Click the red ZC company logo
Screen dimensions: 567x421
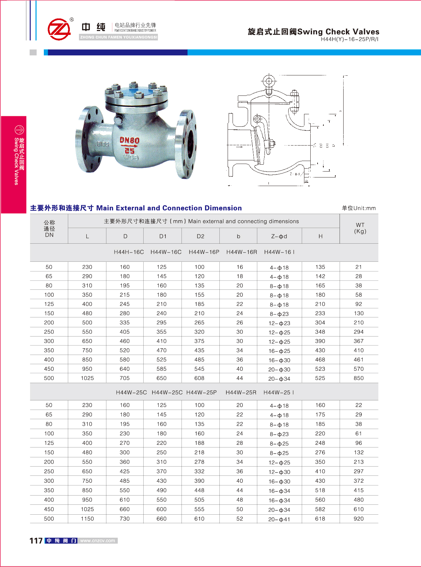59,29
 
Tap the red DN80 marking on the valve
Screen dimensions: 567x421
129,141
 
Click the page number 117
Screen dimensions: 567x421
36,541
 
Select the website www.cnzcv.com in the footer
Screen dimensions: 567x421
98,541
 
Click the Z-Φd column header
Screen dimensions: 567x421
279,236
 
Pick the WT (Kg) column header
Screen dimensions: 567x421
360,228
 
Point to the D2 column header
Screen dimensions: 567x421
200,236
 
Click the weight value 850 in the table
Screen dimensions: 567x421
359,378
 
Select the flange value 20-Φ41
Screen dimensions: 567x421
279,519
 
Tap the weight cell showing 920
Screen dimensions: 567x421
359,519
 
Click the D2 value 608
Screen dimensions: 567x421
199,378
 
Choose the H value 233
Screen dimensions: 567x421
320,313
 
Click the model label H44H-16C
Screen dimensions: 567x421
129,252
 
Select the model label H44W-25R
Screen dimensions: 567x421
241,392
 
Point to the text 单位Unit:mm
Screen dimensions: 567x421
359,208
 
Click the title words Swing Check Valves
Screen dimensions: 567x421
338,32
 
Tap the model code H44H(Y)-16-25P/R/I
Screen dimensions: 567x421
350,39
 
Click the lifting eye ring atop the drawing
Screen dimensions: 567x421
269,81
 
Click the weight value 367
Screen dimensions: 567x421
359,341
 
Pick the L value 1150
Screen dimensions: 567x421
87,519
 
